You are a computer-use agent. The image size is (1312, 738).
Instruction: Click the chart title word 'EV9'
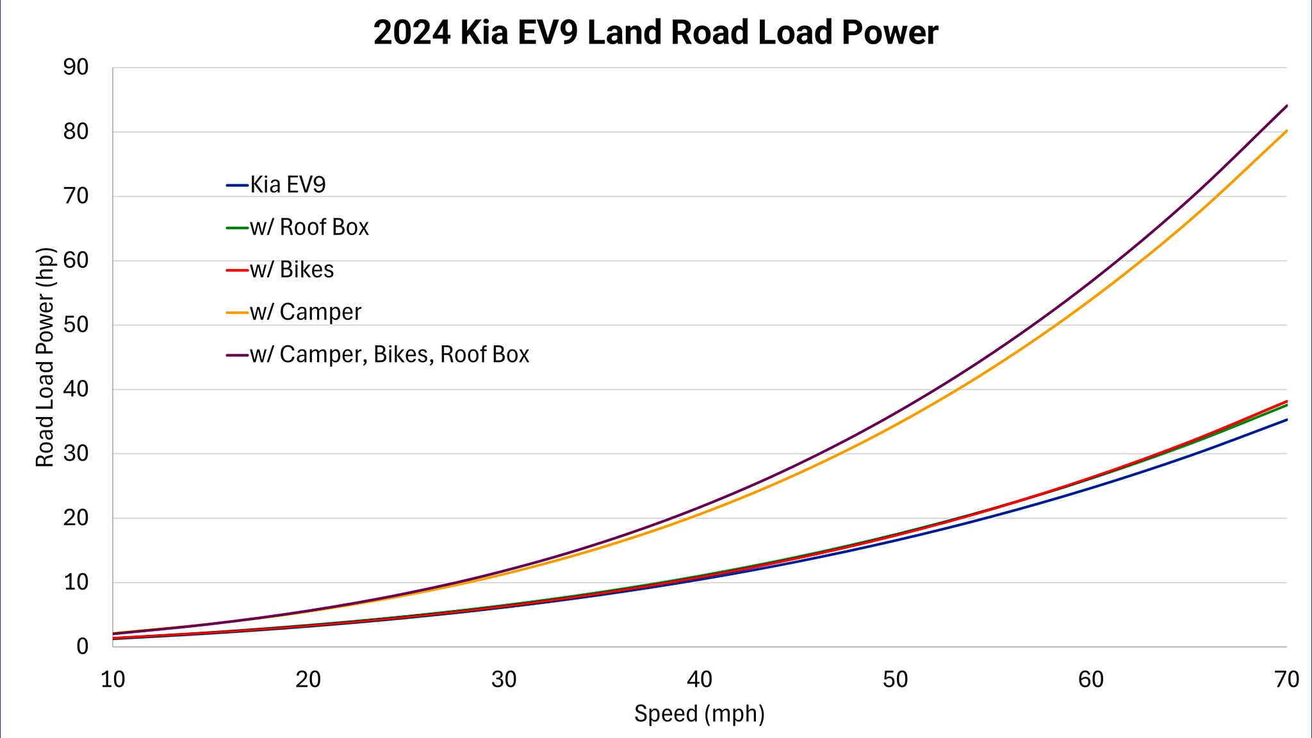549,33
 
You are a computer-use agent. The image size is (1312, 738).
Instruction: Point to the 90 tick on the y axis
76,67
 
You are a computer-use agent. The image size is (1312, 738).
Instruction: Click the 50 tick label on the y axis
76,325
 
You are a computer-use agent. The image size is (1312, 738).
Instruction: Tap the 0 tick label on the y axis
82,646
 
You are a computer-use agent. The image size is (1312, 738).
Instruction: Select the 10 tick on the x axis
113,680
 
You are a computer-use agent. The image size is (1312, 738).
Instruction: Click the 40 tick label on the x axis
700,680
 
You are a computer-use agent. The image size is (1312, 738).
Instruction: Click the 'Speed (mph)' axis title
700,713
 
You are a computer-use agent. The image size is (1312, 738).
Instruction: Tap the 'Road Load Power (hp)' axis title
45,357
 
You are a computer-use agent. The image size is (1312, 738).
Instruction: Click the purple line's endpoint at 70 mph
1286,106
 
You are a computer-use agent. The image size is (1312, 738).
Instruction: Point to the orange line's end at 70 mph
1286,131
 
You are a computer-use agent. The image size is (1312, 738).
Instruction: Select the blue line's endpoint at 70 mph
1286,420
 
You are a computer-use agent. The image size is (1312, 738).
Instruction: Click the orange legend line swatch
237,313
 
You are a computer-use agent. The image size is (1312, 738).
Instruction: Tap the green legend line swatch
237,227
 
